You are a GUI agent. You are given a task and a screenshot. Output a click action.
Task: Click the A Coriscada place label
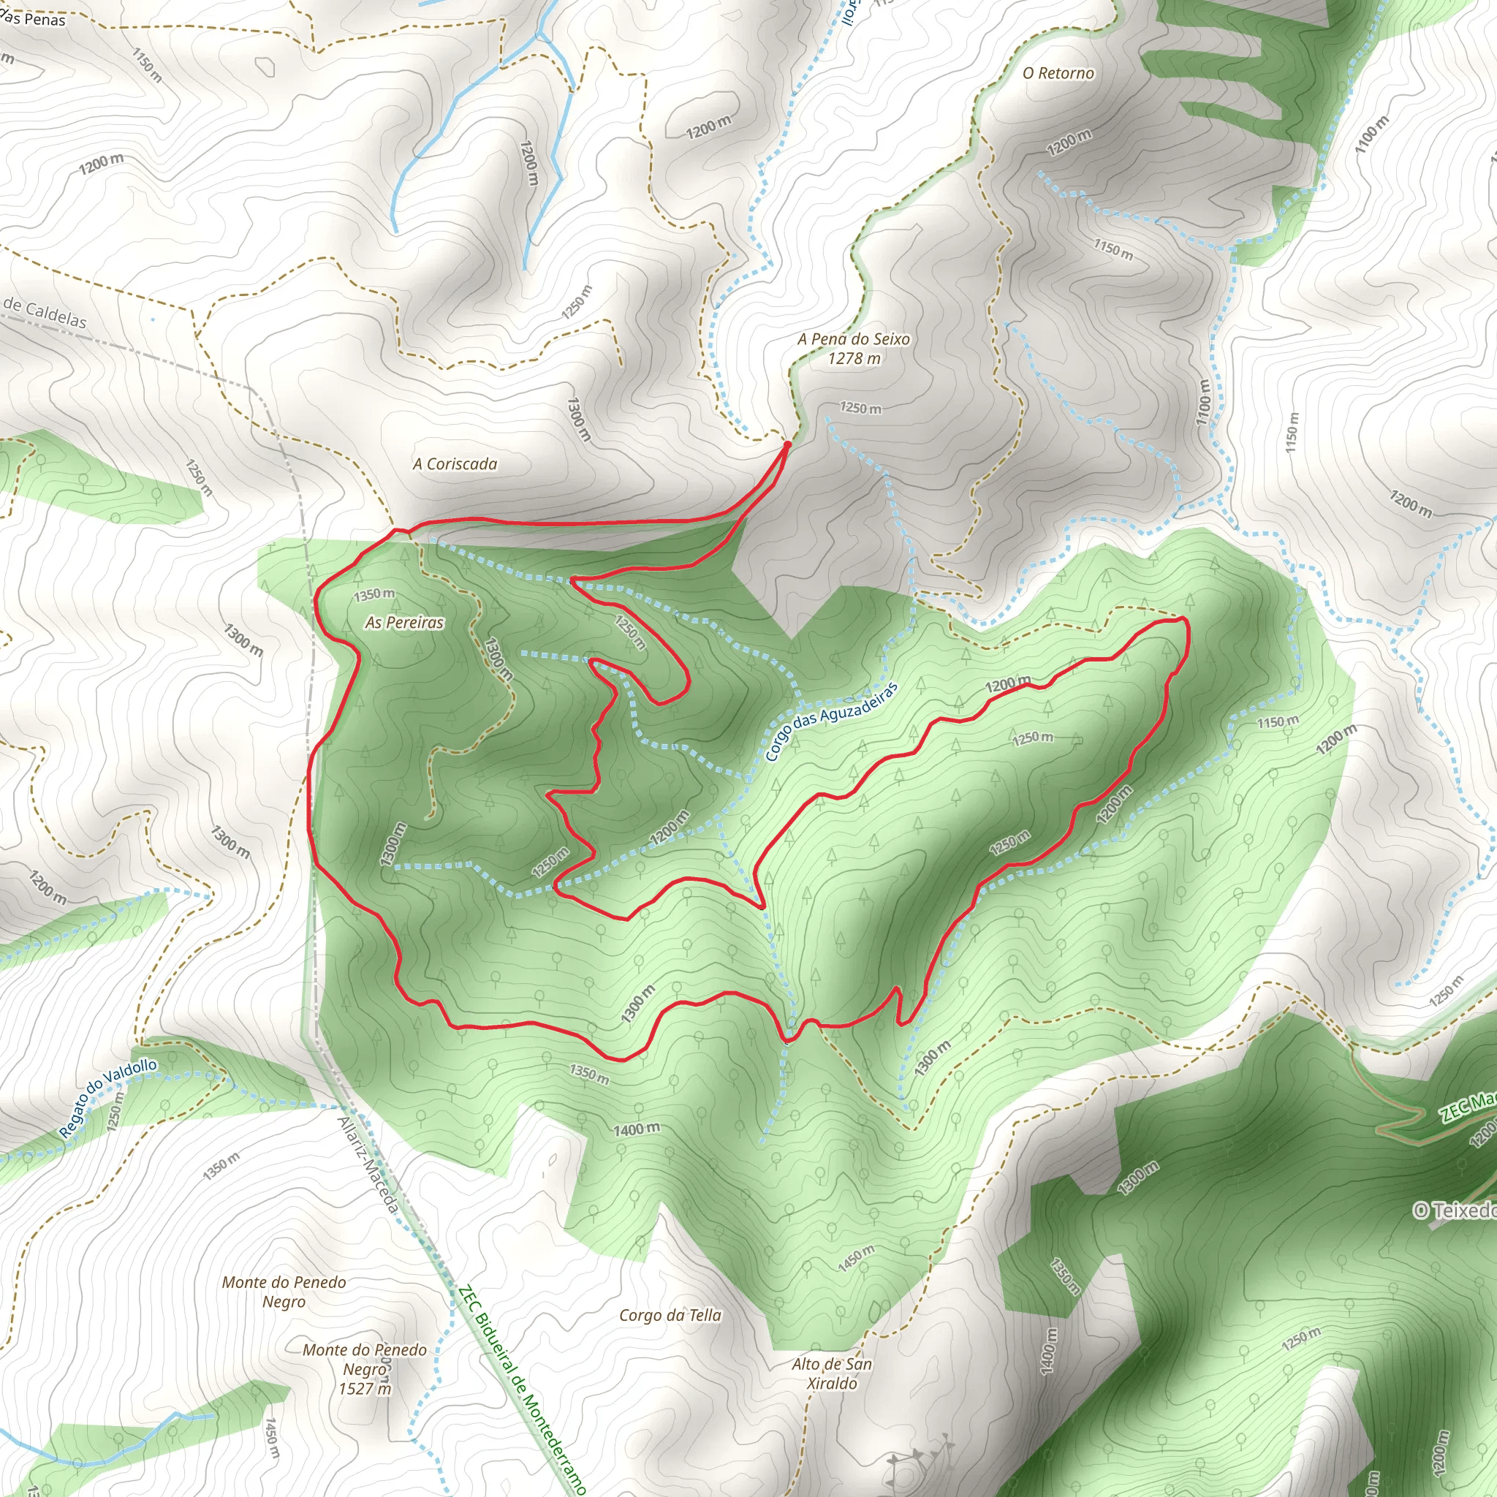click(x=455, y=464)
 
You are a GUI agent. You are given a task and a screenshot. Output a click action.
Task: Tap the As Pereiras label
click(x=404, y=623)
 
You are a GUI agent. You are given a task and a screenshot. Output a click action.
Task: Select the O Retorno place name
click(x=1058, y=74)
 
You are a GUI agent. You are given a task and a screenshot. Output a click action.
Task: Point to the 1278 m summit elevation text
click(x=854, y=359)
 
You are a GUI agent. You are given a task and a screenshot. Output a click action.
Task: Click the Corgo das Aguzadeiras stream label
click(x=830, y=722)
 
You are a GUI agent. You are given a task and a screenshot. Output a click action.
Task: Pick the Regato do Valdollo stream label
click(x=108, y=1099)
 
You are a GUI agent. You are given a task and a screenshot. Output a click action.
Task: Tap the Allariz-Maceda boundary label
click(x=369, y=1164)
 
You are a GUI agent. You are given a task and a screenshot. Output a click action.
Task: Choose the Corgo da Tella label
click(x=670, y=1315)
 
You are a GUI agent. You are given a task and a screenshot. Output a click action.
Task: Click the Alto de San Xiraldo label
click(x=831, y=1373)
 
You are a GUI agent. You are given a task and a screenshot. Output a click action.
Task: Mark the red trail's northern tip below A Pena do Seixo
click(x=787, y=444)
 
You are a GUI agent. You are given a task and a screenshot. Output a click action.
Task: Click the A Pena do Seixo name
click(x=854, y=339)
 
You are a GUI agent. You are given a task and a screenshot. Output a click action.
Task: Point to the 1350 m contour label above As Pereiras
click(x=374, y=595)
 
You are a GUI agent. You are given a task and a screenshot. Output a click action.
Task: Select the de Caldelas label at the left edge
click(x=44, y=313)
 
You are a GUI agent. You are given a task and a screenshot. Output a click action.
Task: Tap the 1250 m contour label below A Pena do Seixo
click(x=861, y=409)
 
